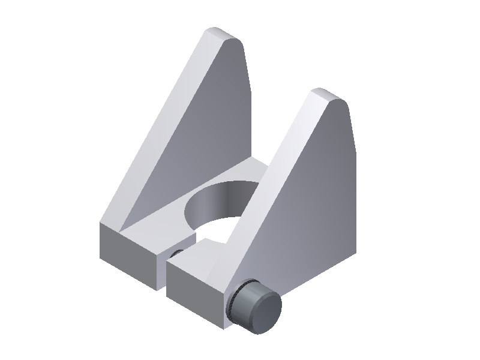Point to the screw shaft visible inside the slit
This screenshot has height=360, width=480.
click(173, 253)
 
